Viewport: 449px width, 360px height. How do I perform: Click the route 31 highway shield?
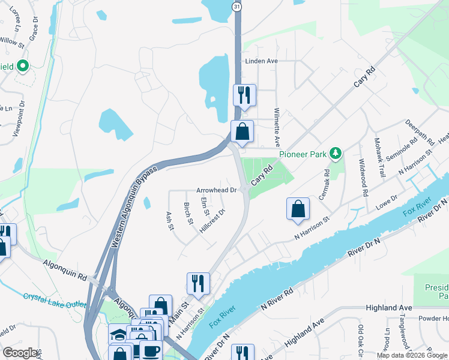point(238,6)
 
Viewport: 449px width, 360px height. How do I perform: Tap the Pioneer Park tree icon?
point(336,154)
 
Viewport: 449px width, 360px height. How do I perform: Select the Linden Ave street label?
point(261,61)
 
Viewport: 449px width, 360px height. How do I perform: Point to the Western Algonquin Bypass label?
point(134,207)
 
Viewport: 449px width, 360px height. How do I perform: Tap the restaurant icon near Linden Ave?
point(244,95)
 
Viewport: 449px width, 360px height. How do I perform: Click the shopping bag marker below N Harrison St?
point(298,209)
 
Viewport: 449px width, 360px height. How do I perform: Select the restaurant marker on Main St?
point(198,284)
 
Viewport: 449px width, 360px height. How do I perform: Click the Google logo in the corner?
point(20,353)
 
